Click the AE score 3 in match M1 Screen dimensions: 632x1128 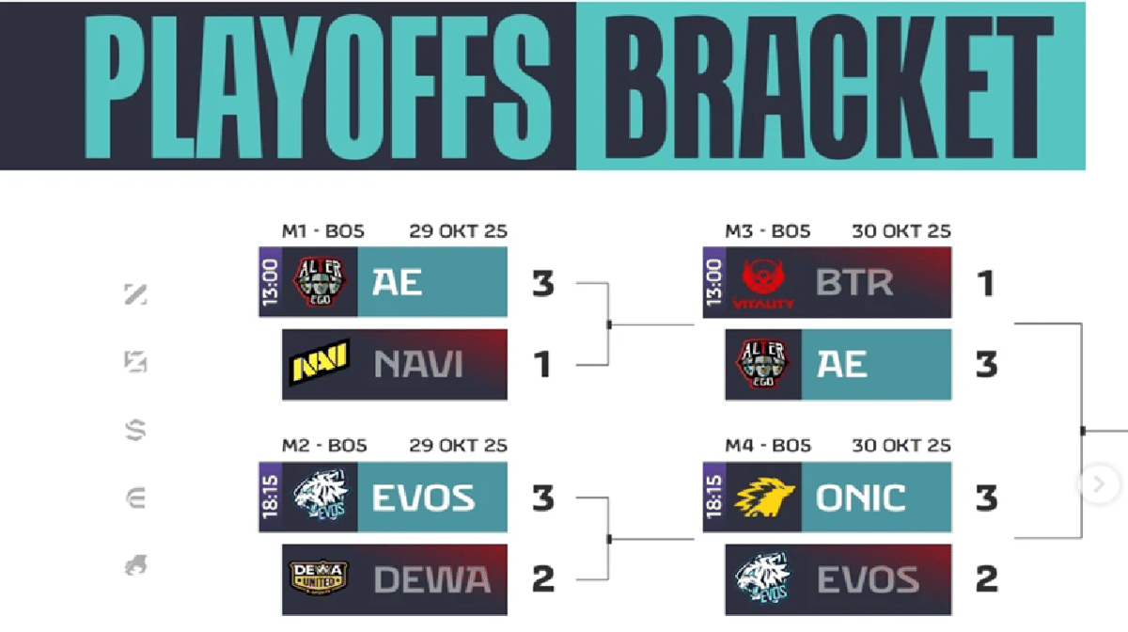pyautogui.click(x=542, y=284)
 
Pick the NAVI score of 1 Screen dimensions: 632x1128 pyautogui.click(x=542, y=364)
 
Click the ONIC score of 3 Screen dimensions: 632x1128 pyautogui.click(x=985, y=498)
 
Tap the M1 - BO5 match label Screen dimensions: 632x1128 pyautogui.click(x=322, y=231)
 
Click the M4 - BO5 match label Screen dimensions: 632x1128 pyautogui.click(x=767, y=446)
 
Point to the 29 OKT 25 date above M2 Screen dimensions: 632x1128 pyautogui.click(x=459, y=446)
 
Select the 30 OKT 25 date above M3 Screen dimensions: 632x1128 pyautogui.click(x=901, y=231)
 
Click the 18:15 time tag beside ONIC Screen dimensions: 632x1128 pyautogui.click(x=714, y=498)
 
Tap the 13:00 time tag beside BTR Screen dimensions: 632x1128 pyautogui.click(x=714, y=282)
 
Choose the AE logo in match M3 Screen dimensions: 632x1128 pyautogui.click(x=761, y=364)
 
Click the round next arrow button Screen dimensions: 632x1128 pyautogui.click(x=1096, y=483)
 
